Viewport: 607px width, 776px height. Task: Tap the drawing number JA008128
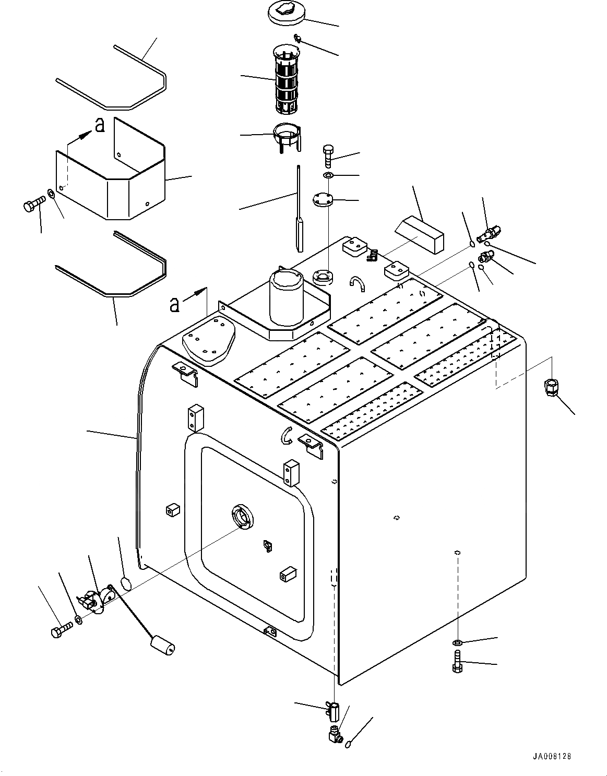point(556,756)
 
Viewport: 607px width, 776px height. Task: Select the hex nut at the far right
point(552,388)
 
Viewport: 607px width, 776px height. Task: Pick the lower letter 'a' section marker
point(174,304)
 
